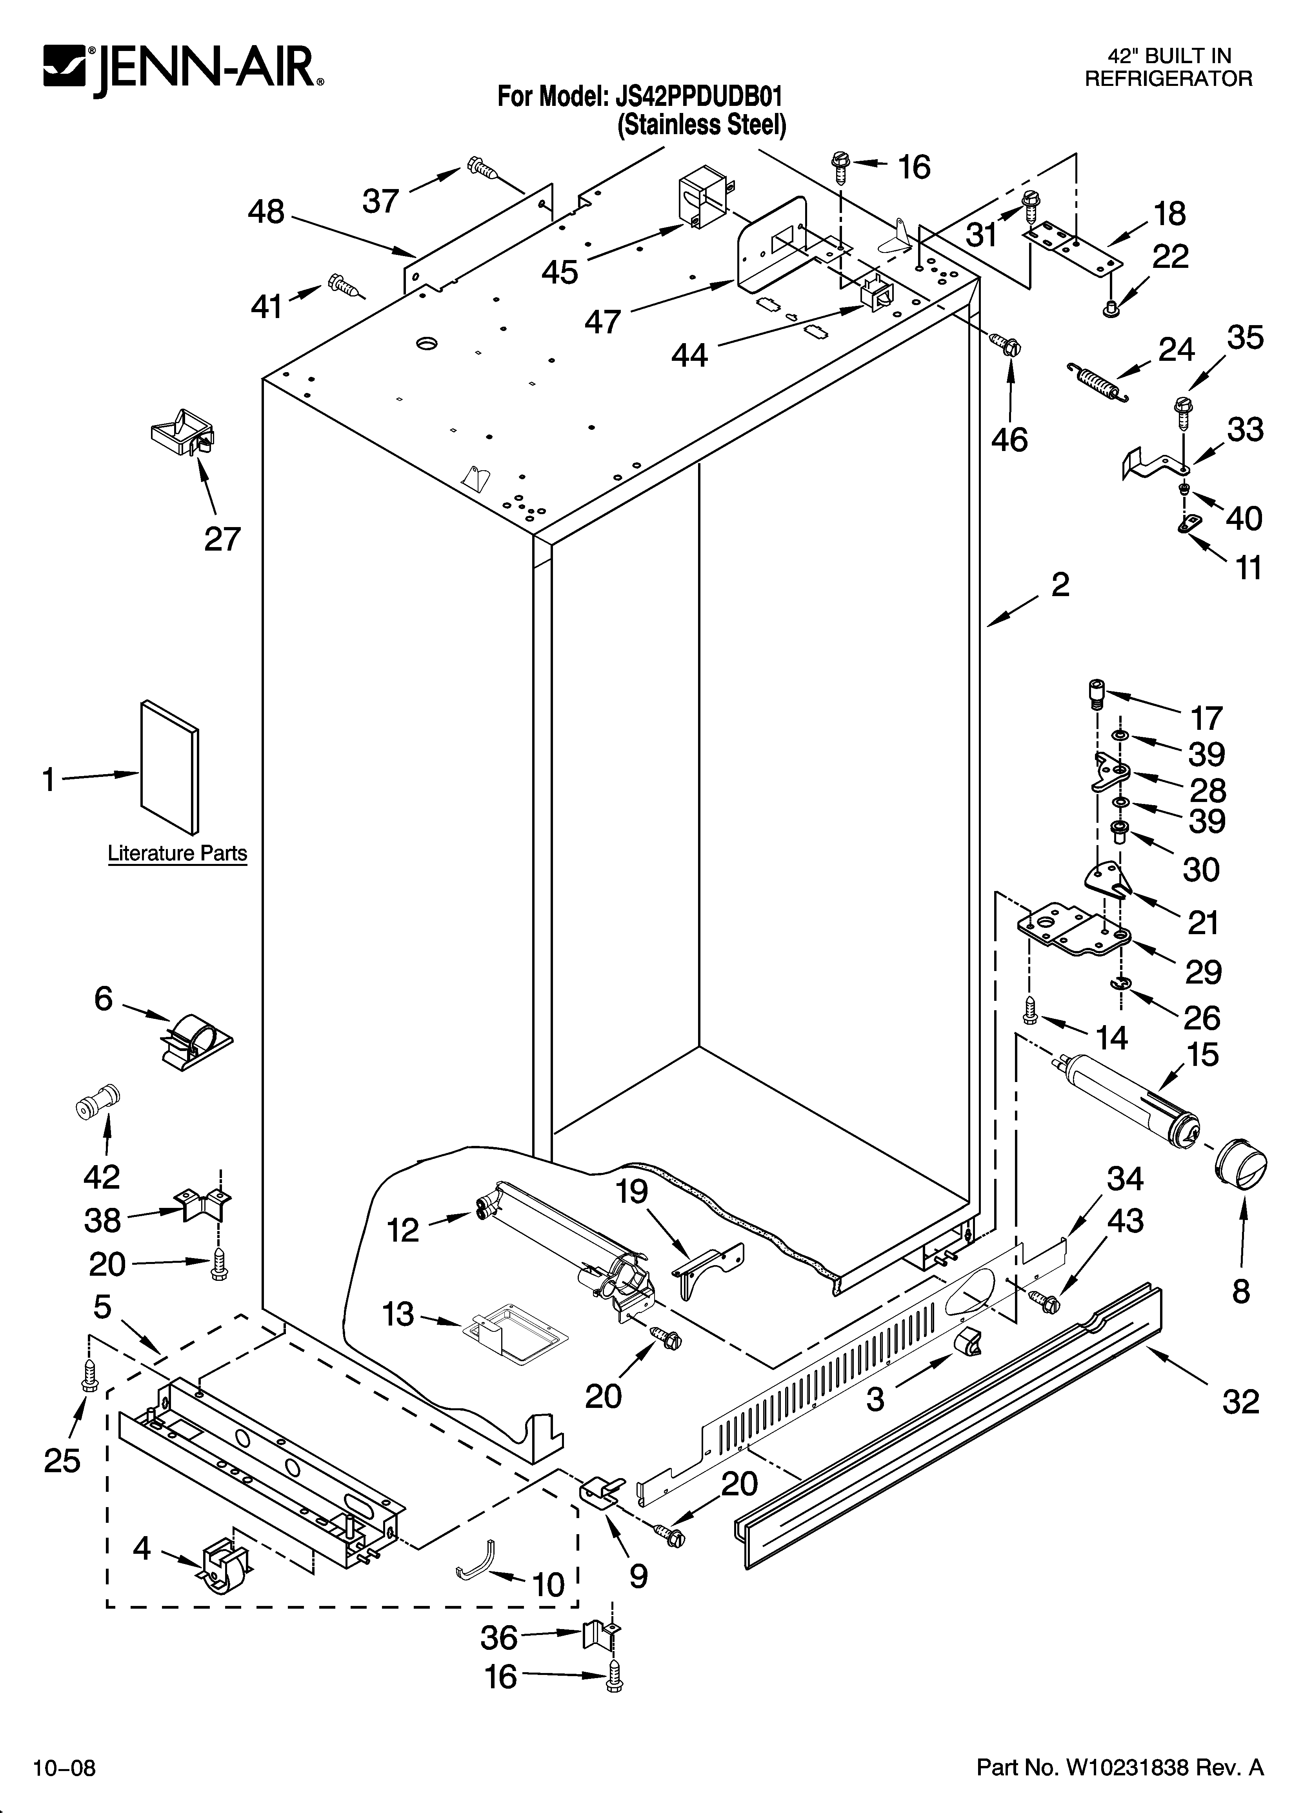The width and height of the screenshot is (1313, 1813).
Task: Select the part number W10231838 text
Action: (x=1120, y=1767)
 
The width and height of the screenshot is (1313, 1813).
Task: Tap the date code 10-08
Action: (x=64, y=1768)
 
